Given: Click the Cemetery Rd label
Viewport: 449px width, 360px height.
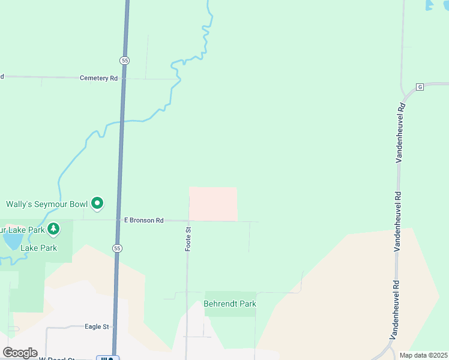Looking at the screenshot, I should tap(98, 78).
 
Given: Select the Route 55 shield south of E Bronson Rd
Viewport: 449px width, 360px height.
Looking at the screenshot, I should tap(117, 248).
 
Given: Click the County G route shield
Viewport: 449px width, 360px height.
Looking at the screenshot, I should tap(420, 87).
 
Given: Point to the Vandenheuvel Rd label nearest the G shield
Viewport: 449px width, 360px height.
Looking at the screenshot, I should tap(400, 132).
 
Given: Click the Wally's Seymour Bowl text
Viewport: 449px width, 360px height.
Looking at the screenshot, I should tap(47, 204).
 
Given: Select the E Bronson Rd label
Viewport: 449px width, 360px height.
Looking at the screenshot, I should tap(143, 220).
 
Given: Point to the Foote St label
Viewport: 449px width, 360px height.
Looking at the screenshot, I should tap(188, 238).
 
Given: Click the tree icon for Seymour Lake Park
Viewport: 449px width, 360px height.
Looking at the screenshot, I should tap(53, 228).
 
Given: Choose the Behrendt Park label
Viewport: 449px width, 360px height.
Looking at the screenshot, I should tap(230, 304).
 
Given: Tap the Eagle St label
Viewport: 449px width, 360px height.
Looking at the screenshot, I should tap(97, 326).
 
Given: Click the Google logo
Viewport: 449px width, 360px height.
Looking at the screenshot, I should tap(20, 353).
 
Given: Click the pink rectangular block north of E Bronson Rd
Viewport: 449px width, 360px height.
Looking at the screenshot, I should tap(213, 203).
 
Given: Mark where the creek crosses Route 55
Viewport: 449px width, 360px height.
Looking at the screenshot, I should tap(122, 122).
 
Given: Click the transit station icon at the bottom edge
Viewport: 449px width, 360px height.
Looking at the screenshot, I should tap(108, 358).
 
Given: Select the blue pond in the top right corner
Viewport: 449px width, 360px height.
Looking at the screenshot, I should tap(430, 5).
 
